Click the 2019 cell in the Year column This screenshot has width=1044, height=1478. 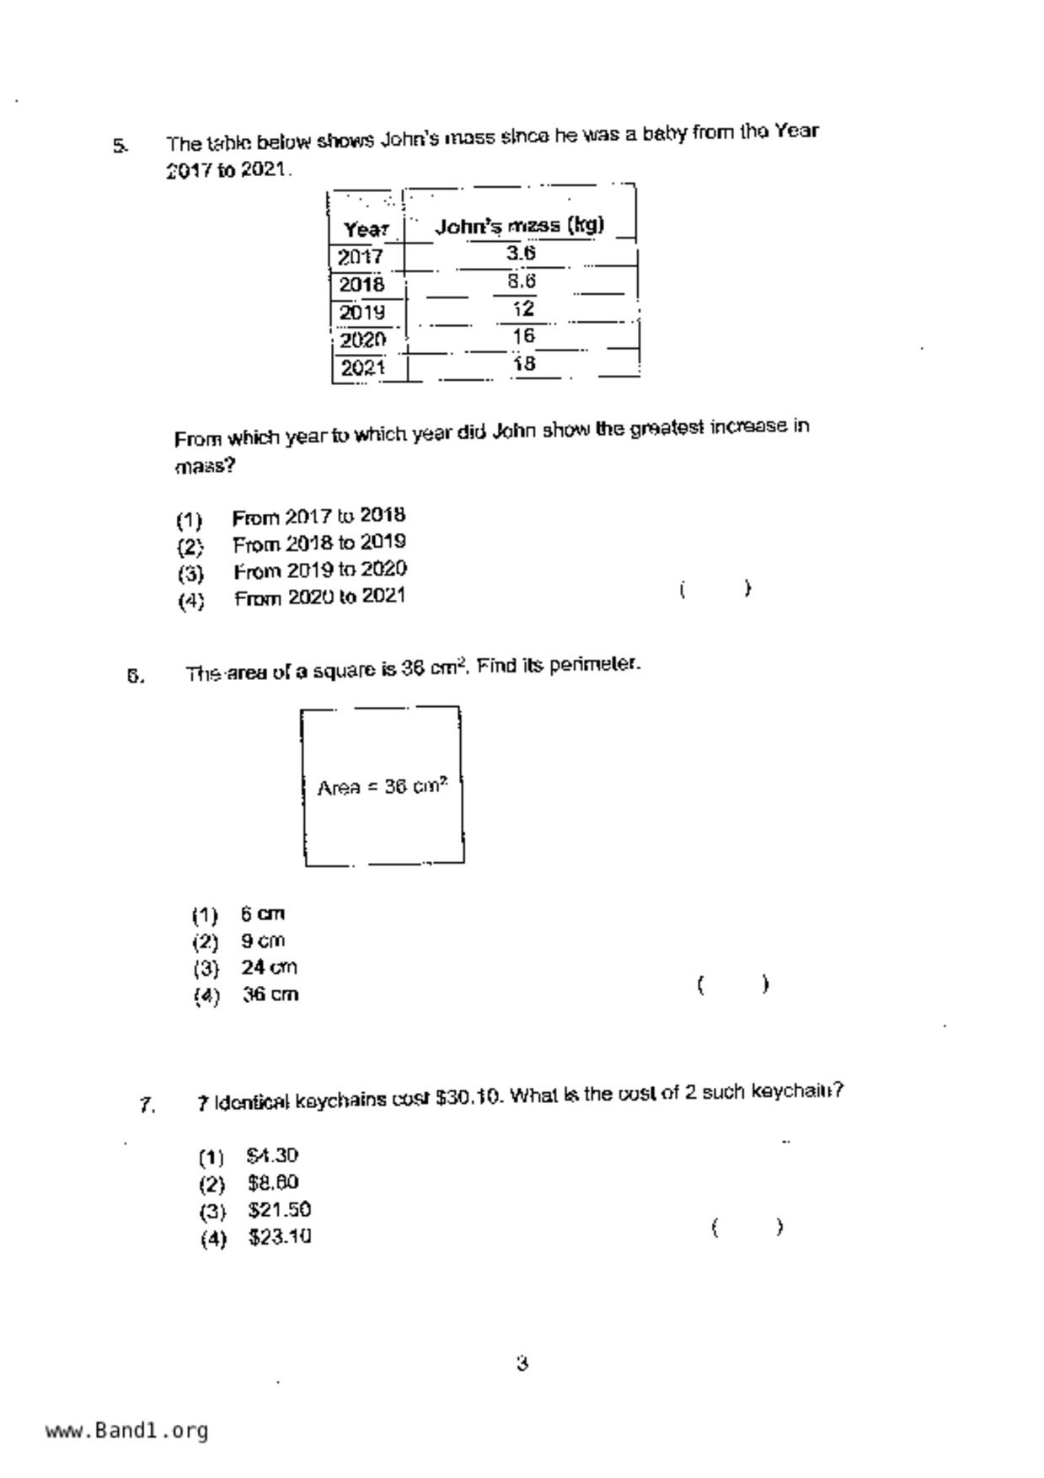pos(361,313)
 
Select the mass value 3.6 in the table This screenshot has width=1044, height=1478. pos(521,253)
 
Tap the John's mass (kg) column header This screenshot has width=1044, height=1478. pos(519,226)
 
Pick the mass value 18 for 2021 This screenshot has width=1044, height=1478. pos(523,364)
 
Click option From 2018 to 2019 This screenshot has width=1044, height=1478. pos(319,544)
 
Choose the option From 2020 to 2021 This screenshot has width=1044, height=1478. pos(319,597)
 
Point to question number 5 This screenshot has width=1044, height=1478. pos(120,146)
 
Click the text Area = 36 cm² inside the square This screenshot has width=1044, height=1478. pos(382,787)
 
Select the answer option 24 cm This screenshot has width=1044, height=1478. pos(269,967)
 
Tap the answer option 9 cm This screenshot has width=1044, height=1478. pos(263,940)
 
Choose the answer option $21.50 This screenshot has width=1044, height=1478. pos(279,1210)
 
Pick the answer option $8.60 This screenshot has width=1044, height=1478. pos(273,1183)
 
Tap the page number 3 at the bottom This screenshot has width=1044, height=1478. pos(522,1363)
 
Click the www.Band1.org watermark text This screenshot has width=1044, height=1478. pos(126,1431)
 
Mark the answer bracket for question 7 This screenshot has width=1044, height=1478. pos(747,1227)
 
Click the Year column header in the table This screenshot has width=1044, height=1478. pos(366,229)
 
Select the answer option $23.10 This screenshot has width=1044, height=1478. pos(280,1237)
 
